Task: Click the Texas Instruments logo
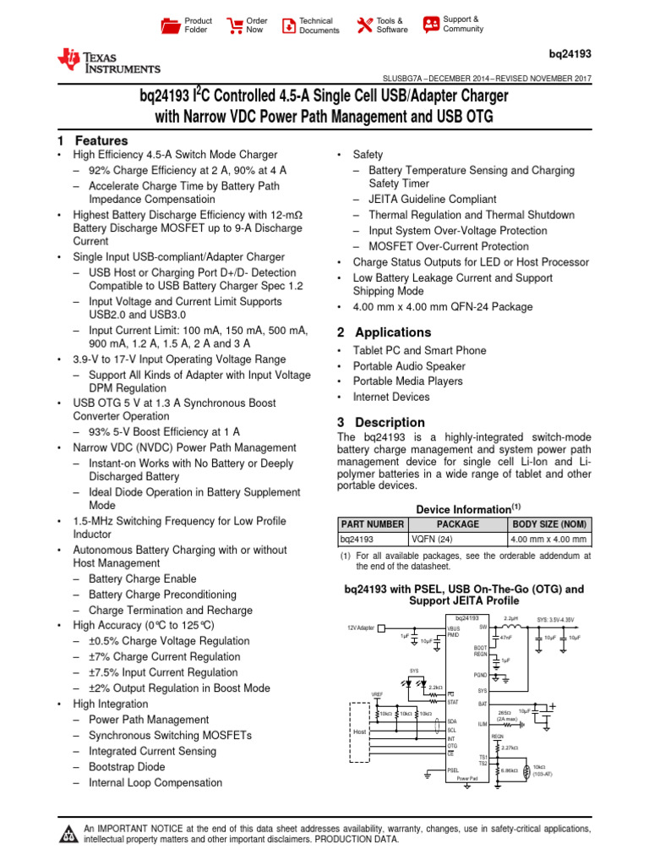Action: click(108, 60)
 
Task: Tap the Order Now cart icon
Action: click(233, 25)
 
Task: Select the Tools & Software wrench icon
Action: click(365, 25)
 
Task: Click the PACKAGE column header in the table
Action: click(457, 524)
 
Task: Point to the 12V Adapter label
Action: click(361, 628)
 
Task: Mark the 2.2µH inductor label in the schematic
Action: click(511, 619)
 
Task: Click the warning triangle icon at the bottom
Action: click(68, 835)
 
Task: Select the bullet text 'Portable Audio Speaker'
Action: click(409, 366)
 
